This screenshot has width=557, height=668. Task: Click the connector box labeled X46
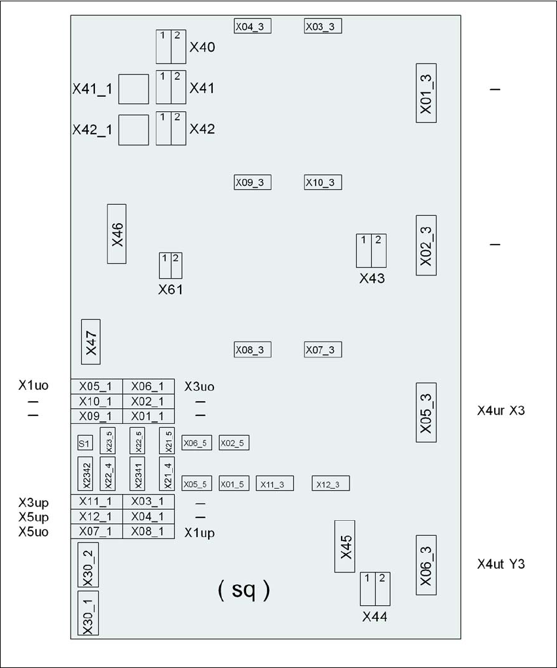(x=117, y=234)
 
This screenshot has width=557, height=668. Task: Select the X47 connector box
(x=90, y=342)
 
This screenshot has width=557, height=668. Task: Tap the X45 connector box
(x=344, y=546)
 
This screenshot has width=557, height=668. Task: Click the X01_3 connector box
(x=426, y=92)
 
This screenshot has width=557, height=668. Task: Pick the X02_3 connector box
(x=426, y=245)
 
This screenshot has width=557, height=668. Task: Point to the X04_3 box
(x=253, y=26)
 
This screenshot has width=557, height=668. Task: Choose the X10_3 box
(x=323, y=183)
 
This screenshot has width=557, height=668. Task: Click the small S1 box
(x=85, y=444)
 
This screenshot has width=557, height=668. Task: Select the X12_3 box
(x=331, y=483)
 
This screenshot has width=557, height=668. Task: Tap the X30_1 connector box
(x=88, y=613)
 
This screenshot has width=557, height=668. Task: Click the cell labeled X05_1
(x=96, y=386)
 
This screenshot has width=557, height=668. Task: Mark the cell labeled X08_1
(x=148, y=531)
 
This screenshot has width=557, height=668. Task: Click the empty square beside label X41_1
(x=134, y=89)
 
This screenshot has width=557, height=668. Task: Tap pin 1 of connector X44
(x=367, y=589)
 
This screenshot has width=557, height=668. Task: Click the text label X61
(x=171, y=290)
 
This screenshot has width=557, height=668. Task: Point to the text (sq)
(x=243, y=590)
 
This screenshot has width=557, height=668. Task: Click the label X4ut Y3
(x=501, y=564)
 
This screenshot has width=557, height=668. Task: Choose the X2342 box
(x=87, y=473)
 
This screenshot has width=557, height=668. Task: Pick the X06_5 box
(x=196, y=443)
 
